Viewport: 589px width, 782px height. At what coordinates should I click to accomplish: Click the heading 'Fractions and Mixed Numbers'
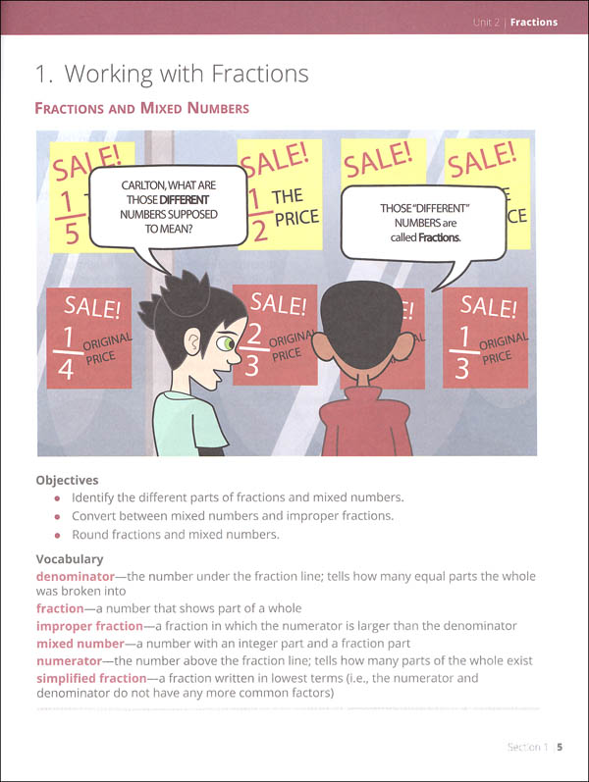click(x=141, y=108)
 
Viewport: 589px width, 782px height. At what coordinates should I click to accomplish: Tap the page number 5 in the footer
click(x=559, y=747)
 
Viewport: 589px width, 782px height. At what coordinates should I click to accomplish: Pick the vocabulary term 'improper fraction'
click(x=94, y=626)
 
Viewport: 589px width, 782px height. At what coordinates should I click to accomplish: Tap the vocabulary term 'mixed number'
click(x=80, y=644)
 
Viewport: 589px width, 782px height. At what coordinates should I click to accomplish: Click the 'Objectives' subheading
click(x=67, y=481)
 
